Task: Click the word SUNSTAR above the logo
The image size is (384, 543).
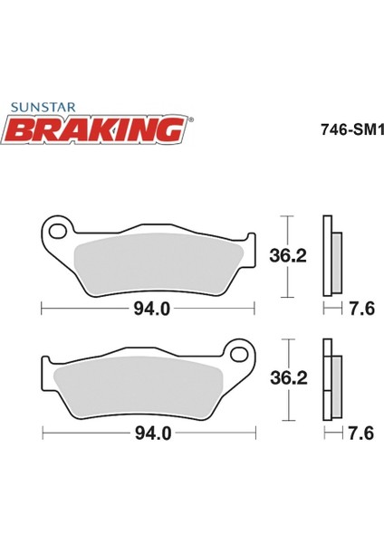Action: pos(43,107)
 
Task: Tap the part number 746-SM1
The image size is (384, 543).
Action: pos(351,130)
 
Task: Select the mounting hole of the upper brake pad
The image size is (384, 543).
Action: pos(58,232)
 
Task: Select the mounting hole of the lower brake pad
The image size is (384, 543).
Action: pos(239,355)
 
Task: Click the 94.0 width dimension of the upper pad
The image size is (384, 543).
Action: pos(152,309)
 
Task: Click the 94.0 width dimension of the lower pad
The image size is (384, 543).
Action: pos(153,433)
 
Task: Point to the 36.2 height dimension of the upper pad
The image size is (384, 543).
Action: pos(288,256)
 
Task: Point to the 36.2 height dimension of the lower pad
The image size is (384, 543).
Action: pos(289,378)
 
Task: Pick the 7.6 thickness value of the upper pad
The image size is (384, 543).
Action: pos(361,309)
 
